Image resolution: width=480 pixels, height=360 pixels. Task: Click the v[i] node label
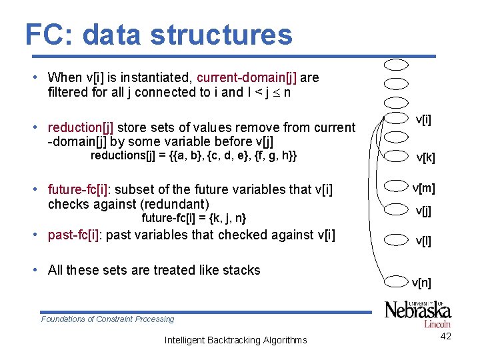click(x=423, y=119)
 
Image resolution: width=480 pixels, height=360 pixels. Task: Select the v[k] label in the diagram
click(x=425, y=158)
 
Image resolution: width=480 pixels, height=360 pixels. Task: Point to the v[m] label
click(x=423, y=187)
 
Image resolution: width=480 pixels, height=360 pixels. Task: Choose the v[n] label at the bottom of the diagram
click(x=421, y=283)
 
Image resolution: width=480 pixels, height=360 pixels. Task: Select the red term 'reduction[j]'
click(x=80, y=127)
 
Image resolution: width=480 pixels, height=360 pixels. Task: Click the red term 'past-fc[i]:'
click(x=75, y=235)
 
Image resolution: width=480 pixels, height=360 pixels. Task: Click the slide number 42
click(x=446, y=336)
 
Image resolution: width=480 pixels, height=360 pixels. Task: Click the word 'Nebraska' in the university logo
click(x=418, y=311)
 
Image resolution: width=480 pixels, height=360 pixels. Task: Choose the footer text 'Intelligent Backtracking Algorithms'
click(x=236, y=340)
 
